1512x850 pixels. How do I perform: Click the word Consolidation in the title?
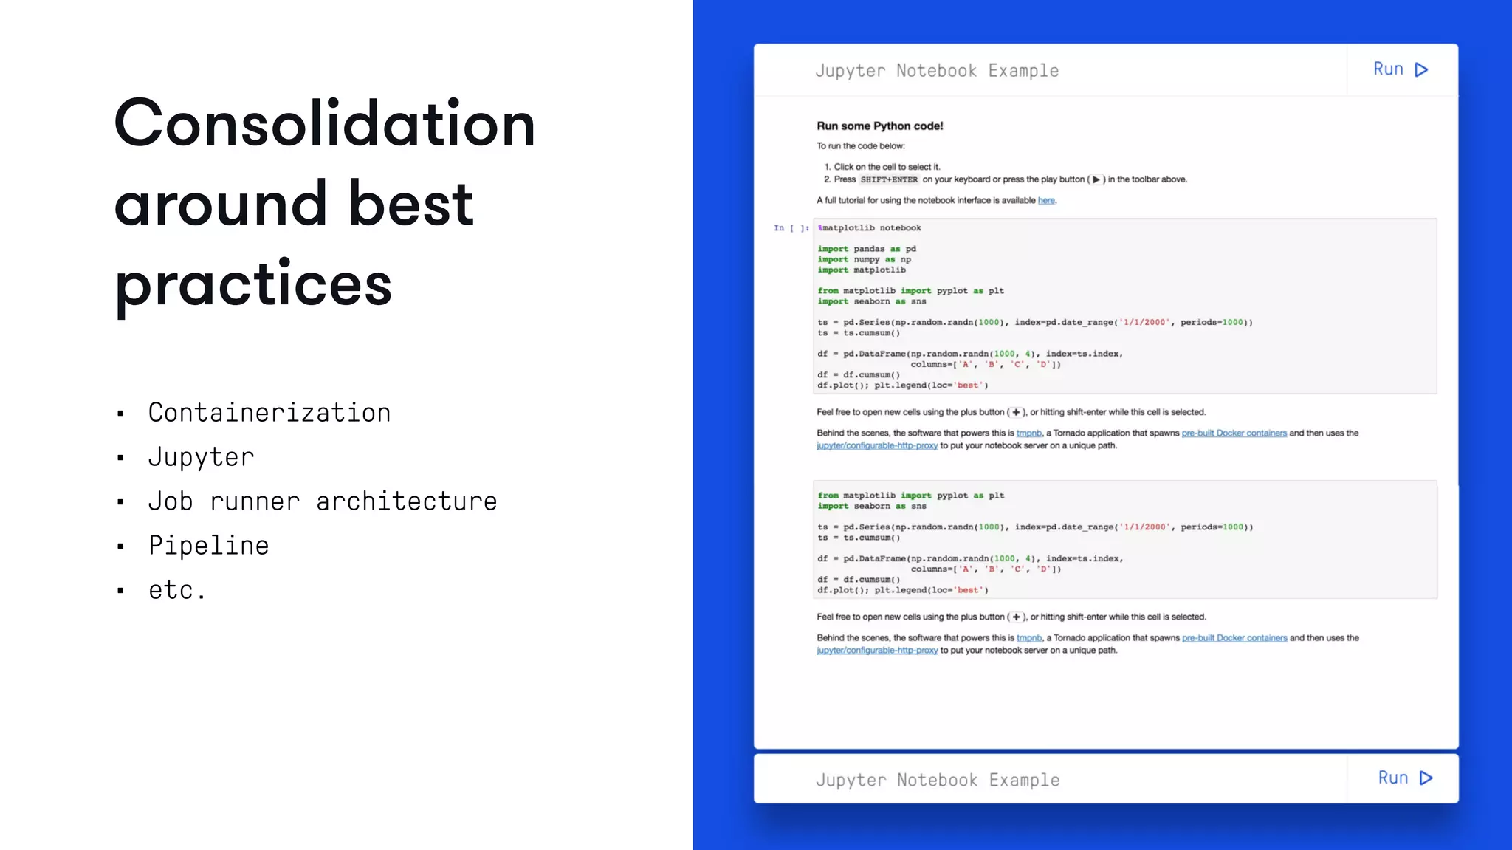[x=324, y=124]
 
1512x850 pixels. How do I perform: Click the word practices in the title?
[x=253, y=285]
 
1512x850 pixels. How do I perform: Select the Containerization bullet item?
[x=269, y=413]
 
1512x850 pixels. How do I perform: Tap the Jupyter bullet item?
[x=201, y=457]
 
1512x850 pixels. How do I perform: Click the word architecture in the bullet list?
[x=406, y=501]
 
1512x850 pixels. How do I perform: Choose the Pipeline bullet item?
[x=209, y=546]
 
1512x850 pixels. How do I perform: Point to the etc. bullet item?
[x=176, y=590]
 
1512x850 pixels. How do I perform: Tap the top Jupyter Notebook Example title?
[x=937, y=71]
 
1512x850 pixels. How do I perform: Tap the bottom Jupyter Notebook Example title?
[x=938, y=780]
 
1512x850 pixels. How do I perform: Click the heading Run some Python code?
[x=880, y=126]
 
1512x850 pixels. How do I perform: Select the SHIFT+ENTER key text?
[x=889, y=179]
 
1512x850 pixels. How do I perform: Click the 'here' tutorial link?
[x=1046, y=200]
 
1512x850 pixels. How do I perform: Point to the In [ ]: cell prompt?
[x=791, y=228]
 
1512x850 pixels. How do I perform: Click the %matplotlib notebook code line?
[x=870, y=228]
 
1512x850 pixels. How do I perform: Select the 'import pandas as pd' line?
[x=867, y=249]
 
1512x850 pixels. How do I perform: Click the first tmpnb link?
[x=1028, y=433]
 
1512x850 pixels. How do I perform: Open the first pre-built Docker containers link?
[x=1234, y=433]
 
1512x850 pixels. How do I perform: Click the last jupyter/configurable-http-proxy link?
[x=877, y=651]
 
